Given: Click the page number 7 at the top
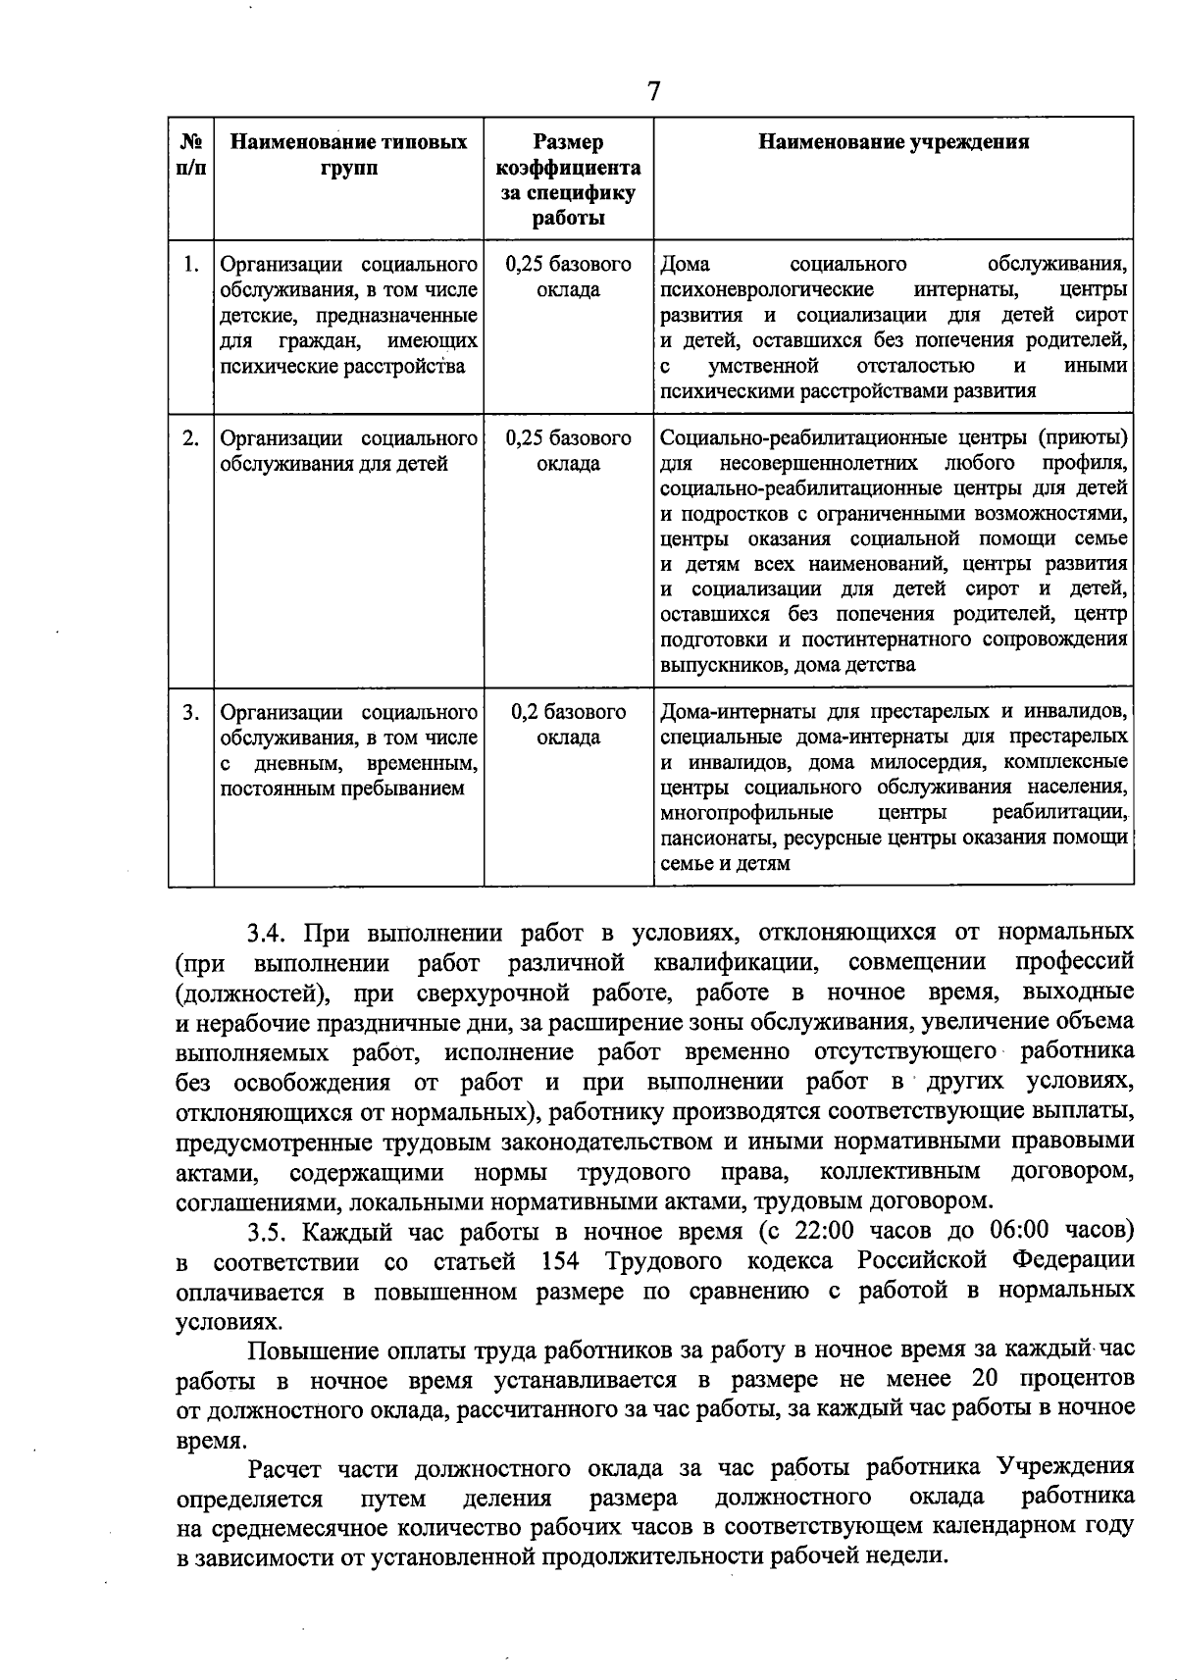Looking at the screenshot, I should (654, 92).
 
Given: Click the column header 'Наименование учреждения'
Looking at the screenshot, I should (894, 142).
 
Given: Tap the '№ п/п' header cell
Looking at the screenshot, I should (191, 154).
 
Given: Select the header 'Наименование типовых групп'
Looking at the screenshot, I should (348, 154).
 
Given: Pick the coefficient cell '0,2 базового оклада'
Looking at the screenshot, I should (568, 725).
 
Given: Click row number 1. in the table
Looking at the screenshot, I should (191, 265).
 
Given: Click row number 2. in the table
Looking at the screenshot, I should (191, 438).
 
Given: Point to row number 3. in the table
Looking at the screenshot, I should (191, 712).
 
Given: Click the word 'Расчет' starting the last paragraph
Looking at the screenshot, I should (285, 1468).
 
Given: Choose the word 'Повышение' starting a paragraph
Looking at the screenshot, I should (307, 1350).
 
